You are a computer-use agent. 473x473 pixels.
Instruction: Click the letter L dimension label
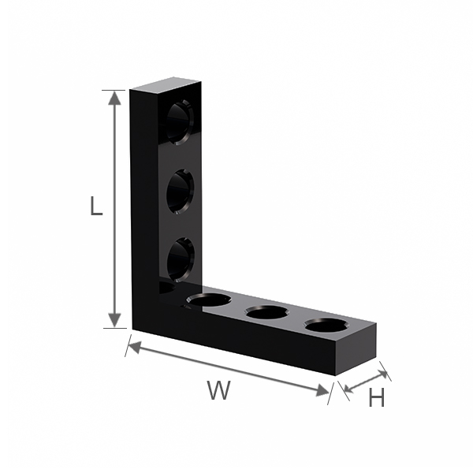[x=96, y=206]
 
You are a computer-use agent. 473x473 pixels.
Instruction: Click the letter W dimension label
[x=218, y=390]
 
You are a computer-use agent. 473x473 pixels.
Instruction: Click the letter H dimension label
[x=377, y=397]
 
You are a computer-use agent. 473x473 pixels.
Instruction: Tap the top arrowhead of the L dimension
[x=114, y=98]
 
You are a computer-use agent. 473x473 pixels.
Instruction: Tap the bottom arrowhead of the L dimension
[x=114, y=320]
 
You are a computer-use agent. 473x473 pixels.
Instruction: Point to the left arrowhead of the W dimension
[x=135, y=347]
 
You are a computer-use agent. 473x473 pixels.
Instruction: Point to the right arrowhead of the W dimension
[x=322, y=391]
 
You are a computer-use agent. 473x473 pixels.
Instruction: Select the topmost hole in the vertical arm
[x=180, y=122]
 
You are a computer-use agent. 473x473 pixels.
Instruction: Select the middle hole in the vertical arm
[x=180, y=192]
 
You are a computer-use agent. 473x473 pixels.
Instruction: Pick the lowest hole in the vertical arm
[x=181, y=259]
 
